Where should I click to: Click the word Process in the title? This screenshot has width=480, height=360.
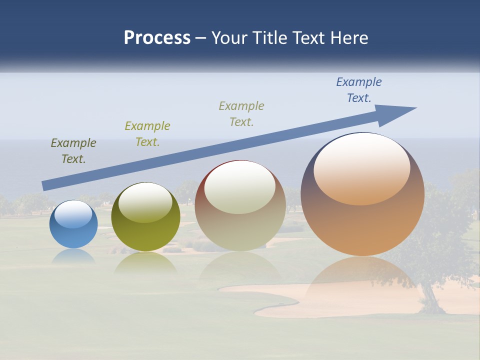(157, 38)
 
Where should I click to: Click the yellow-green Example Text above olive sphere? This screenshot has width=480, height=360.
(147, 134)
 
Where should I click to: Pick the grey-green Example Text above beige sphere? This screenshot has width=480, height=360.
(241, 114)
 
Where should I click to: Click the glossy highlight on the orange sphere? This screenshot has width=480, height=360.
(362, 168)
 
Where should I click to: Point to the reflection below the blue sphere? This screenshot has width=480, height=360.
(73, 256)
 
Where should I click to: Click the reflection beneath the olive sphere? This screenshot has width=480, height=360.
(145, 263)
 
